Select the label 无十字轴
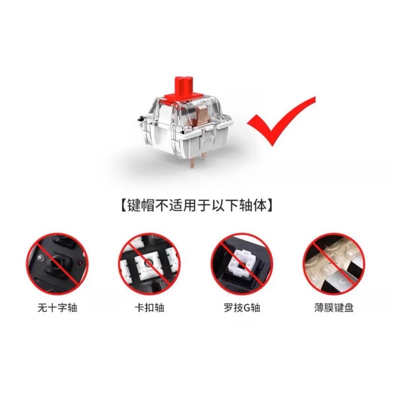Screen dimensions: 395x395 pyautogui.click(x=58, y=308)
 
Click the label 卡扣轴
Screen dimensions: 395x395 pyautogui.click(x=149, y=308)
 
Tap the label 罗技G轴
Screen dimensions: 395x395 pyautogui.click(x=242, y=308)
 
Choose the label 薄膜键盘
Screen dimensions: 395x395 pyautogui.click(x=334, y=308)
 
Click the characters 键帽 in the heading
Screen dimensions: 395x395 pyautogui.click(x=141, y=206)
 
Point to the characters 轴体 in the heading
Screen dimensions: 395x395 pyautogui.click(x=253, y=206)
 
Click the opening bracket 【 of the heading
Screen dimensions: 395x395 pyautogui.click(x=123, y=206)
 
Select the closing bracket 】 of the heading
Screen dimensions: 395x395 pyautogui.click(x=270, y=206)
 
